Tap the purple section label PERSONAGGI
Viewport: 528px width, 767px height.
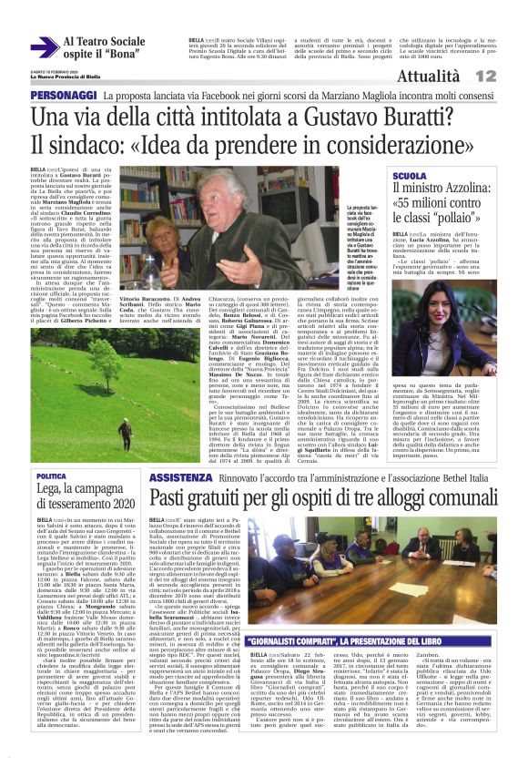tap(64, 96)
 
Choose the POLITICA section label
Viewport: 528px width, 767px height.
tap(51, 476)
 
